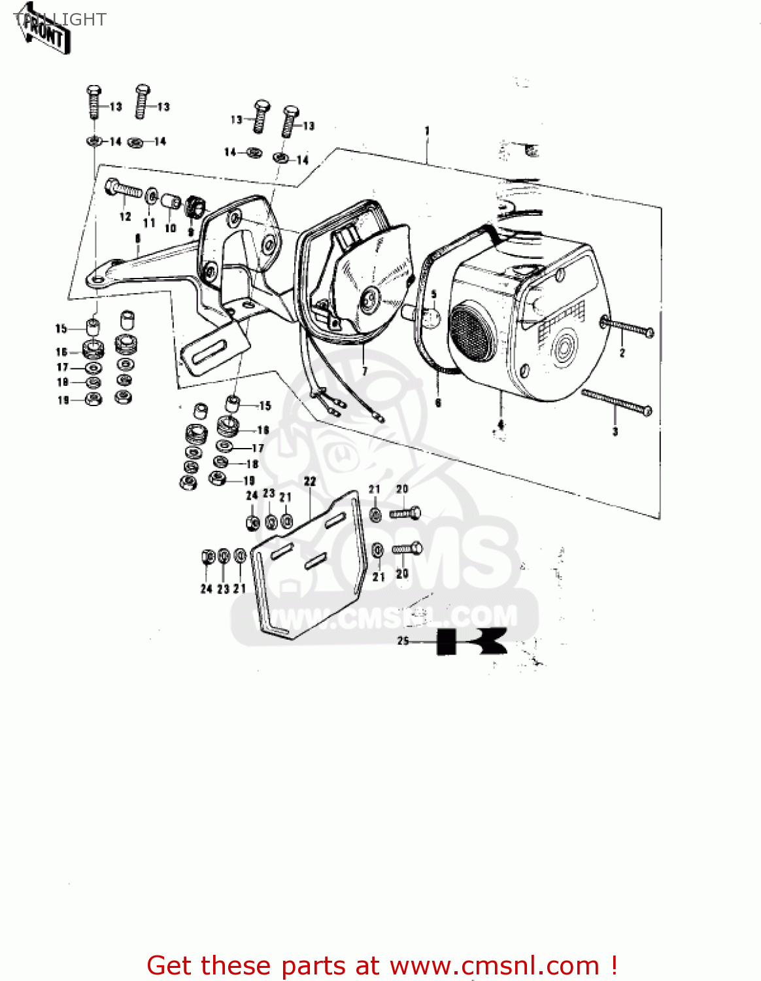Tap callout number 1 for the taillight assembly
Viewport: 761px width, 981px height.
427,131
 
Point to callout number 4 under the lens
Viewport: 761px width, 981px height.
501,425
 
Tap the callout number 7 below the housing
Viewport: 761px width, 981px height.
365,371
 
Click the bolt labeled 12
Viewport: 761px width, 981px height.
123,190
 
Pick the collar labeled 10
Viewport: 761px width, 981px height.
171,201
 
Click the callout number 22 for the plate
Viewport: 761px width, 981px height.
310,481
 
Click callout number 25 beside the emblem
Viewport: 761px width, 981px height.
403,641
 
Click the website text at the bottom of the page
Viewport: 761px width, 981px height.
382,965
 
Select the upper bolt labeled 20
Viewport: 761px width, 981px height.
405,513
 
